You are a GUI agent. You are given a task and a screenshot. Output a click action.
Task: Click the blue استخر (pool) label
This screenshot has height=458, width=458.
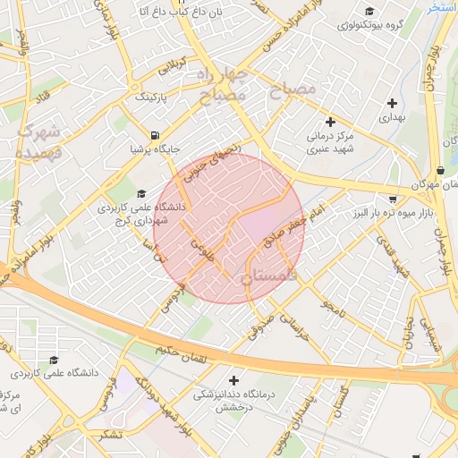coord(442,7)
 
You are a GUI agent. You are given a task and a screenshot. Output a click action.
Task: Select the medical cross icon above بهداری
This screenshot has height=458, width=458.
coord(393,103)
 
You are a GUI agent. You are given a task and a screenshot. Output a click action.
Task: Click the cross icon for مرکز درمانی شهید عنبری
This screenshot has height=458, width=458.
coord(330,122)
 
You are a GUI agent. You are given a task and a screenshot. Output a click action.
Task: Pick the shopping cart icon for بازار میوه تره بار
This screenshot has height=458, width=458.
coord(393,199)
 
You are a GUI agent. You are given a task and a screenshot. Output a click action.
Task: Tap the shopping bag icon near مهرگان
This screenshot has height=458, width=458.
coord(440,170)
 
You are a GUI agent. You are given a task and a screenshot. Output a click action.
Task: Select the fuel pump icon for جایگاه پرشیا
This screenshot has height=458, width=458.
coord(156,135)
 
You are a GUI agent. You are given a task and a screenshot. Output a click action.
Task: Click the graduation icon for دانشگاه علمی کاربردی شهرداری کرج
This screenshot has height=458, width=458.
coord(140,193)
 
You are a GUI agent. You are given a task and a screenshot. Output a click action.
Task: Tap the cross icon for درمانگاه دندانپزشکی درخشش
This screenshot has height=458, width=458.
coord(234,380)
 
